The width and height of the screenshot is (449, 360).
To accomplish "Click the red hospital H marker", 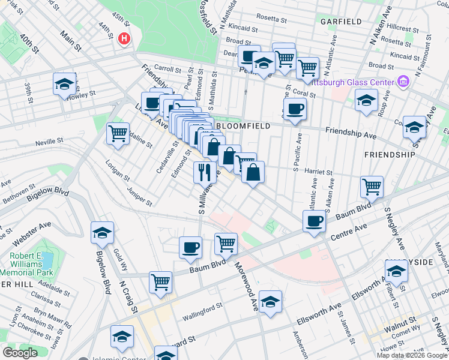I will pos(124,38).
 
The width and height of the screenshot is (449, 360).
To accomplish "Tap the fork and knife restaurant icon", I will pos(205,172).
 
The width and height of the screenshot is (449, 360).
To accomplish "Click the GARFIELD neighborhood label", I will pos(341,22).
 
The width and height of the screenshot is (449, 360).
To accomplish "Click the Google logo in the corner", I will pos(20,353).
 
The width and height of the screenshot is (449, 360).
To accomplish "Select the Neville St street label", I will pos(49,141).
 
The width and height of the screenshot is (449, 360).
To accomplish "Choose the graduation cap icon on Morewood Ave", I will pos(271,302).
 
